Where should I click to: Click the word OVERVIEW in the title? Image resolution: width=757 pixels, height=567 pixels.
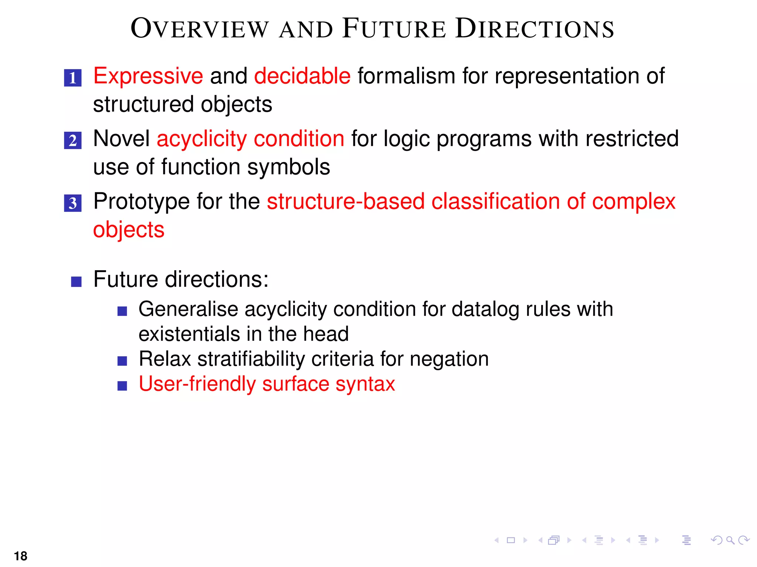tap(200, 29)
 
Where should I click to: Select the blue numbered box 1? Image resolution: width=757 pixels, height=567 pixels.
tap(73, 78)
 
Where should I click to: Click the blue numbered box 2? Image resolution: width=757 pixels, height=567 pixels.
tap(73, 141)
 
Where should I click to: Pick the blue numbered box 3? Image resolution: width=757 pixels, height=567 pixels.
tap(73, 203)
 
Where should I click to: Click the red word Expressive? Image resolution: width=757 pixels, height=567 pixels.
tap(148, 76)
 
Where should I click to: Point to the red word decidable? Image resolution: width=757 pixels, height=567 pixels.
tap(302, 76)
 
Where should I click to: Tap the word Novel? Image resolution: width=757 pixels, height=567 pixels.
tap(121, 139)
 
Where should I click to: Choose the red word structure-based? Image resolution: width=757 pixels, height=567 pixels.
tap(346, 202)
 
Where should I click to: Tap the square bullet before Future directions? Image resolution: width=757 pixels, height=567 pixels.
tap(76, 282)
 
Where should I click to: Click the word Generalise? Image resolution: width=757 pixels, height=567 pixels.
tap(188, 309)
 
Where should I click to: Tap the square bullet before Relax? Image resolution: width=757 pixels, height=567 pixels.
tap(122, 361)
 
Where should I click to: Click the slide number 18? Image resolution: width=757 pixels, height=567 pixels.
tap(21, 556)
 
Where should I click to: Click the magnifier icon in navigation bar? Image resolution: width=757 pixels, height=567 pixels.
tap(730, 540)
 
